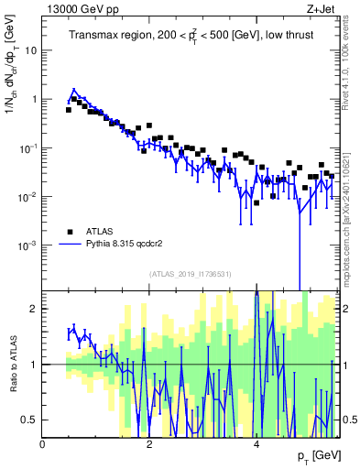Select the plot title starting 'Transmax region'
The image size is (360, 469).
(191, 36)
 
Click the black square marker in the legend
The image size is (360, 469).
(70, 232)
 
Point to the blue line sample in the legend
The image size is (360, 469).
(70, 245)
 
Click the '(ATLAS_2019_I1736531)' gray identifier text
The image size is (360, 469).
(191, 274)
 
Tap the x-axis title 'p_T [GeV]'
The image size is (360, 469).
(316, 455)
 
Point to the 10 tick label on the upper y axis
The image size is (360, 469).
(29, 50)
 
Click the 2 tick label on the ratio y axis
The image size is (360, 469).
(35, 309)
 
